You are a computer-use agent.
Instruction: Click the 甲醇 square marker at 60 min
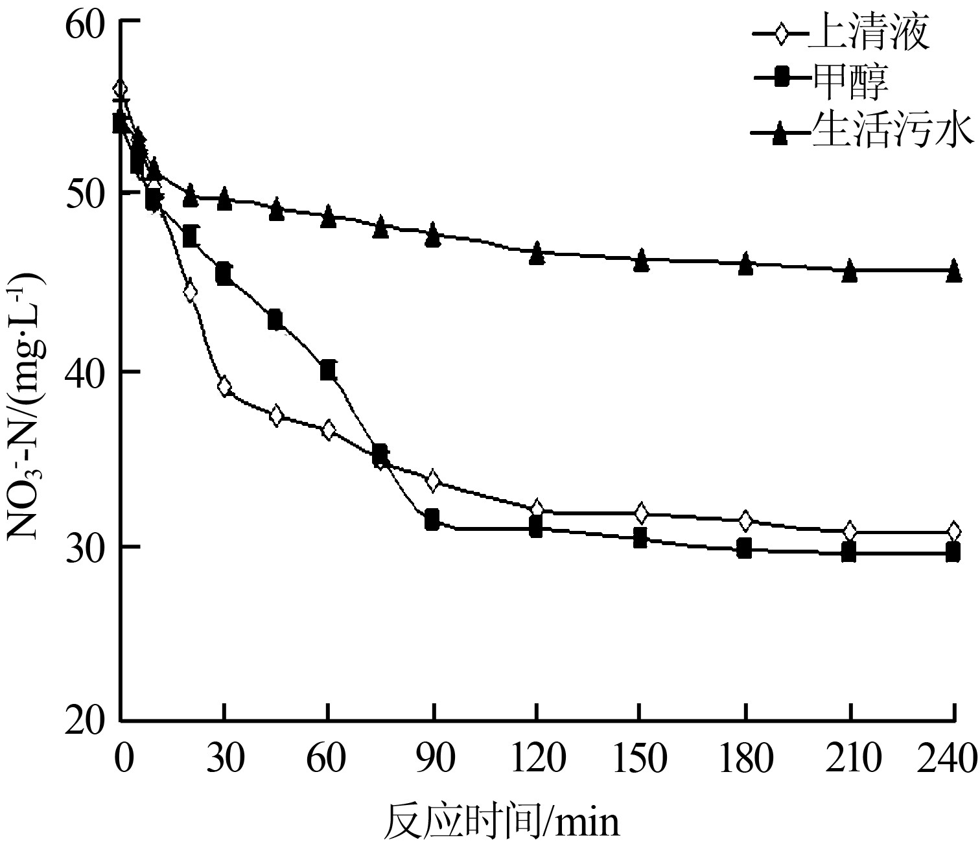click(328, 370)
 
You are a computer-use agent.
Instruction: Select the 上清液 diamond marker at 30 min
click(224, 387)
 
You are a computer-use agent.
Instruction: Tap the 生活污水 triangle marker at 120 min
click(537, 253)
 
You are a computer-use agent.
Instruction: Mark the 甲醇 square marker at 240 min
click(953, 552)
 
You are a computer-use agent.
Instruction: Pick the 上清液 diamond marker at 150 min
click(641, 513)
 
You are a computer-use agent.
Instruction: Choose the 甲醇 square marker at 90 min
click(432, 519)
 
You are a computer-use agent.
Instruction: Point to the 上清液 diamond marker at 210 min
click(849, 531)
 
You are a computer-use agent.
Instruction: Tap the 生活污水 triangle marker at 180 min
click(745, 263)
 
